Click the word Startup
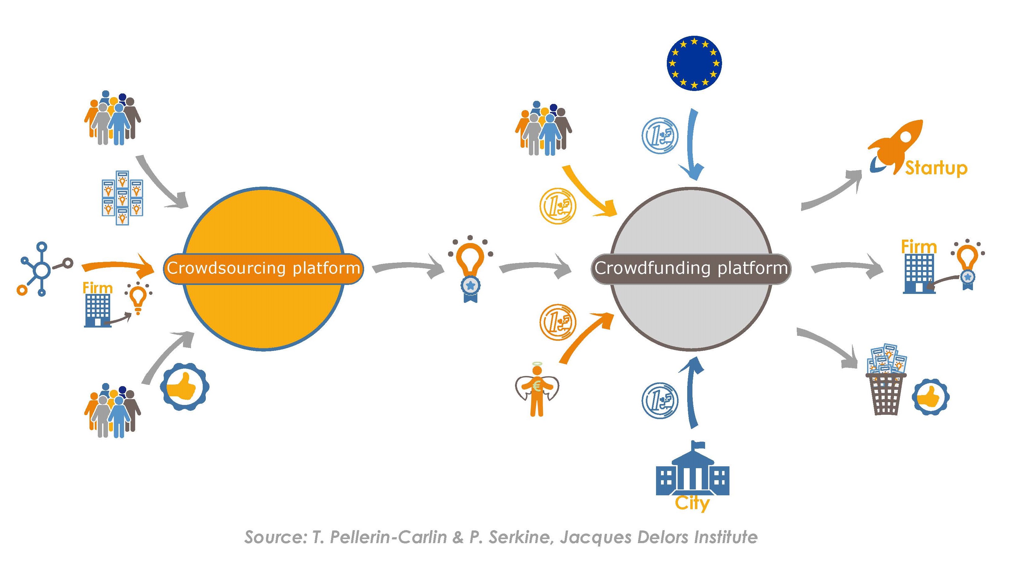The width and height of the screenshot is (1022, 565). tap(936, 168)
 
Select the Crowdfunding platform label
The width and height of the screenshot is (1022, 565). tap(691, 268)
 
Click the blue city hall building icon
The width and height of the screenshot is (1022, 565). tap(692, 470)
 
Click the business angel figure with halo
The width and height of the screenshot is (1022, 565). tap(537, 390)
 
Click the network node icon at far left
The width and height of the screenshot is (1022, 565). tap(42, 270)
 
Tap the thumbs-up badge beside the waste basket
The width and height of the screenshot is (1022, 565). tap(930, 397)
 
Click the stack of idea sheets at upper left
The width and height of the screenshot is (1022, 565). tap(122, 197)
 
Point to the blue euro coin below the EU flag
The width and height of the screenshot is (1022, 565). tap(660, 135)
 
